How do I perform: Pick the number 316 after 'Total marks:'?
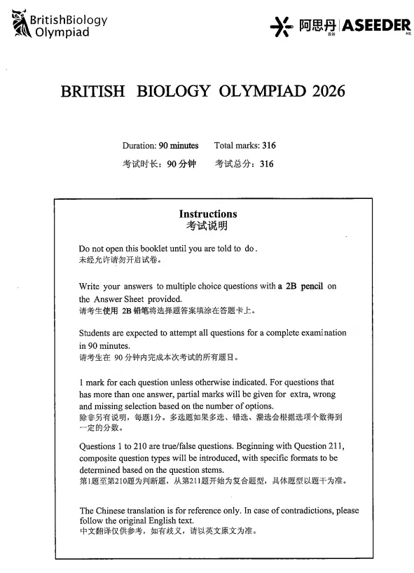coord(268,146)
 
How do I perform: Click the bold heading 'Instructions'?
coord(208,214)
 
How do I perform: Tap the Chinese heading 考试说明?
coord(207,226)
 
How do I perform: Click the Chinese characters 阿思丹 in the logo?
coord(315,26)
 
